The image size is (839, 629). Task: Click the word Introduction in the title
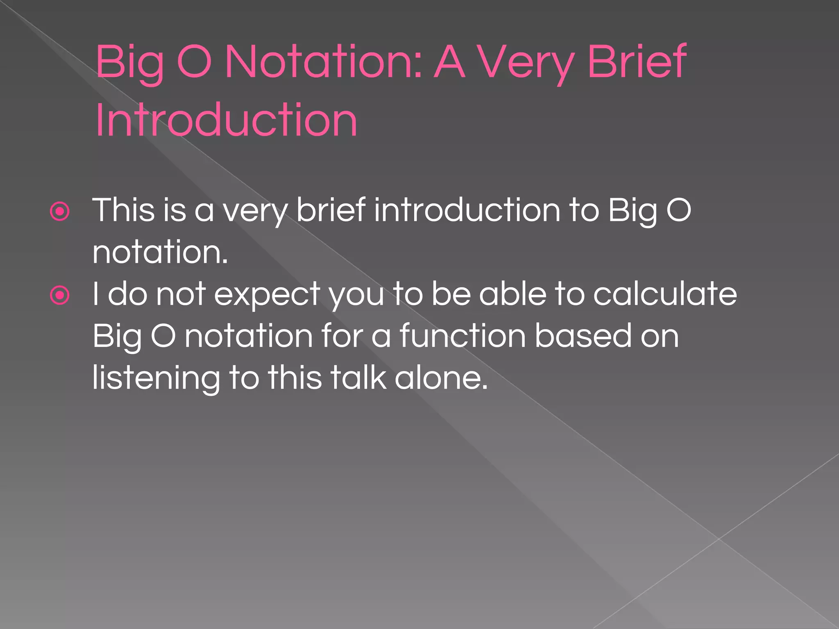[x=226, y=120]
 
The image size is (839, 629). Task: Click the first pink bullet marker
[x=60, y=212]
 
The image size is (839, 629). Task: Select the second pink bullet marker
[x=60, y=295]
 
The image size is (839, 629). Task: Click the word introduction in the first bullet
[x=467, y=210]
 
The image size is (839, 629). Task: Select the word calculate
[x=665, y=294]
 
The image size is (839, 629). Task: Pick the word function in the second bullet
[x=463, y=336]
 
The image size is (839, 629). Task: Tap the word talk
[x=358, y=378]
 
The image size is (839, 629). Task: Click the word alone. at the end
[x=441, y=378]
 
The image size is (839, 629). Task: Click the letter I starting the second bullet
[x=95, y=294]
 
